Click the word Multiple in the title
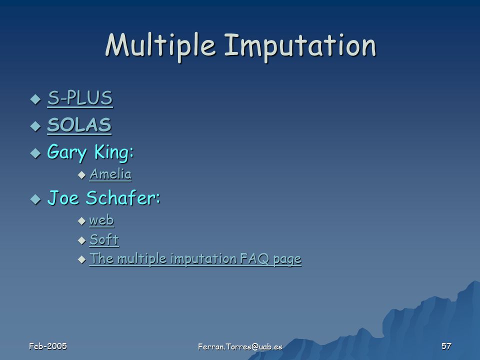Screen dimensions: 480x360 [x=160, y=46]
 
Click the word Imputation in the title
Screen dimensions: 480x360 [x=300, y=46]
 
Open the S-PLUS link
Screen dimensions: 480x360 [x=80, y=98]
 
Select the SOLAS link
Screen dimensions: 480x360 [x=79, y=125]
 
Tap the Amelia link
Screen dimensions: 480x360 [x=110, y=174]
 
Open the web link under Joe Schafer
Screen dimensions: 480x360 [x=101, y=220]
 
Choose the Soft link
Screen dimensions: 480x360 [x=104, y=239]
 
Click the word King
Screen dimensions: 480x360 [x=114, y=152]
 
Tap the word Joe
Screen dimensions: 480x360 [x=63, y=198]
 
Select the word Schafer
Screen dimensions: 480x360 [x=123, y=197]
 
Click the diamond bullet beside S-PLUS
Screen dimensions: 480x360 [x=36, y=99]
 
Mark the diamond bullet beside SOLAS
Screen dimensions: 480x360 [x=36, y=126]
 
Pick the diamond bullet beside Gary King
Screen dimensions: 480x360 [x=36, y=153]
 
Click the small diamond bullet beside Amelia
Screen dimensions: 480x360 [x=81, y=175]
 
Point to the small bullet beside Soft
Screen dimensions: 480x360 [x=81, y=240]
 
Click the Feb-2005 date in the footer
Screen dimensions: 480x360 [x=48, y=346]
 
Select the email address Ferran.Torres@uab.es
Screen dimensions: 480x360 [x=240, y=346]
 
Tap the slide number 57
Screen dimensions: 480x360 [x=446, y=346]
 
